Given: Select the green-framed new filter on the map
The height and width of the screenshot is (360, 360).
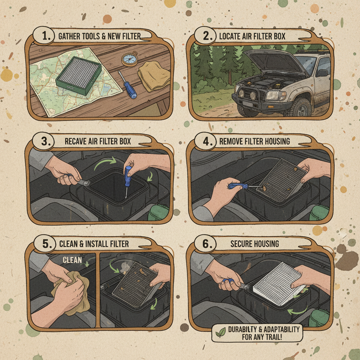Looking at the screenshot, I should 78,74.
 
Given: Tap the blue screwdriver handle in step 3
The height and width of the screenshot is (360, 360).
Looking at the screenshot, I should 128,173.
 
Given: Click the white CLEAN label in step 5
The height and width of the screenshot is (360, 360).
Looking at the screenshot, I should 72,260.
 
